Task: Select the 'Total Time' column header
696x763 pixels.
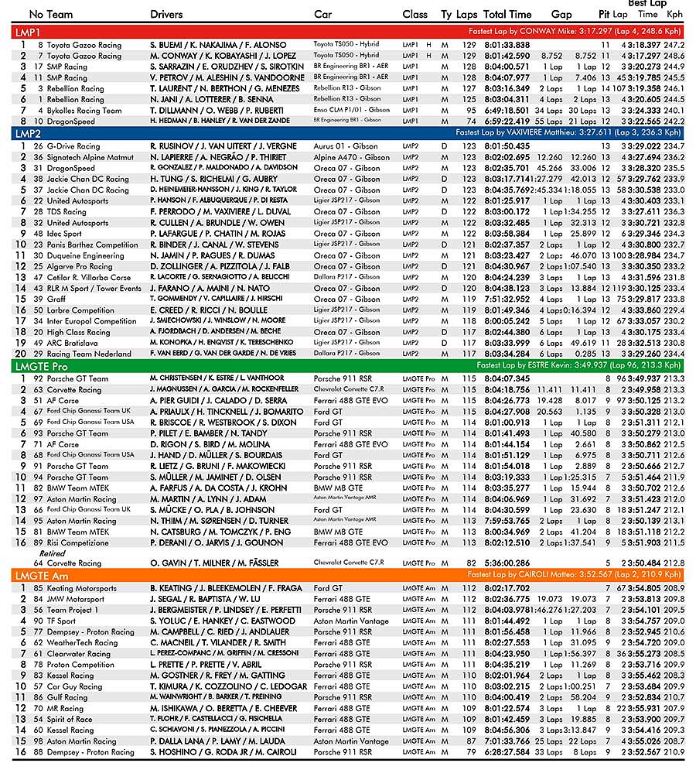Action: point(507,15)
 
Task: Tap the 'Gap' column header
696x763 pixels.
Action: point(561,15)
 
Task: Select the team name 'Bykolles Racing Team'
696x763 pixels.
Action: point(84,111)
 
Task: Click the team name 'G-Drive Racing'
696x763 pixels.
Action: point(73,145)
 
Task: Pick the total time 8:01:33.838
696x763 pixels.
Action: point(507,45)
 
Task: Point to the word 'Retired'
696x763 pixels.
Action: point(53,554)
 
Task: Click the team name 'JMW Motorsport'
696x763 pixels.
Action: point(75,599)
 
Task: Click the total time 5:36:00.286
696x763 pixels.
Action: point(507,563)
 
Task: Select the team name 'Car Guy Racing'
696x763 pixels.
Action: point(74,686)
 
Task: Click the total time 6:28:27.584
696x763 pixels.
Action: point(507,752)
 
